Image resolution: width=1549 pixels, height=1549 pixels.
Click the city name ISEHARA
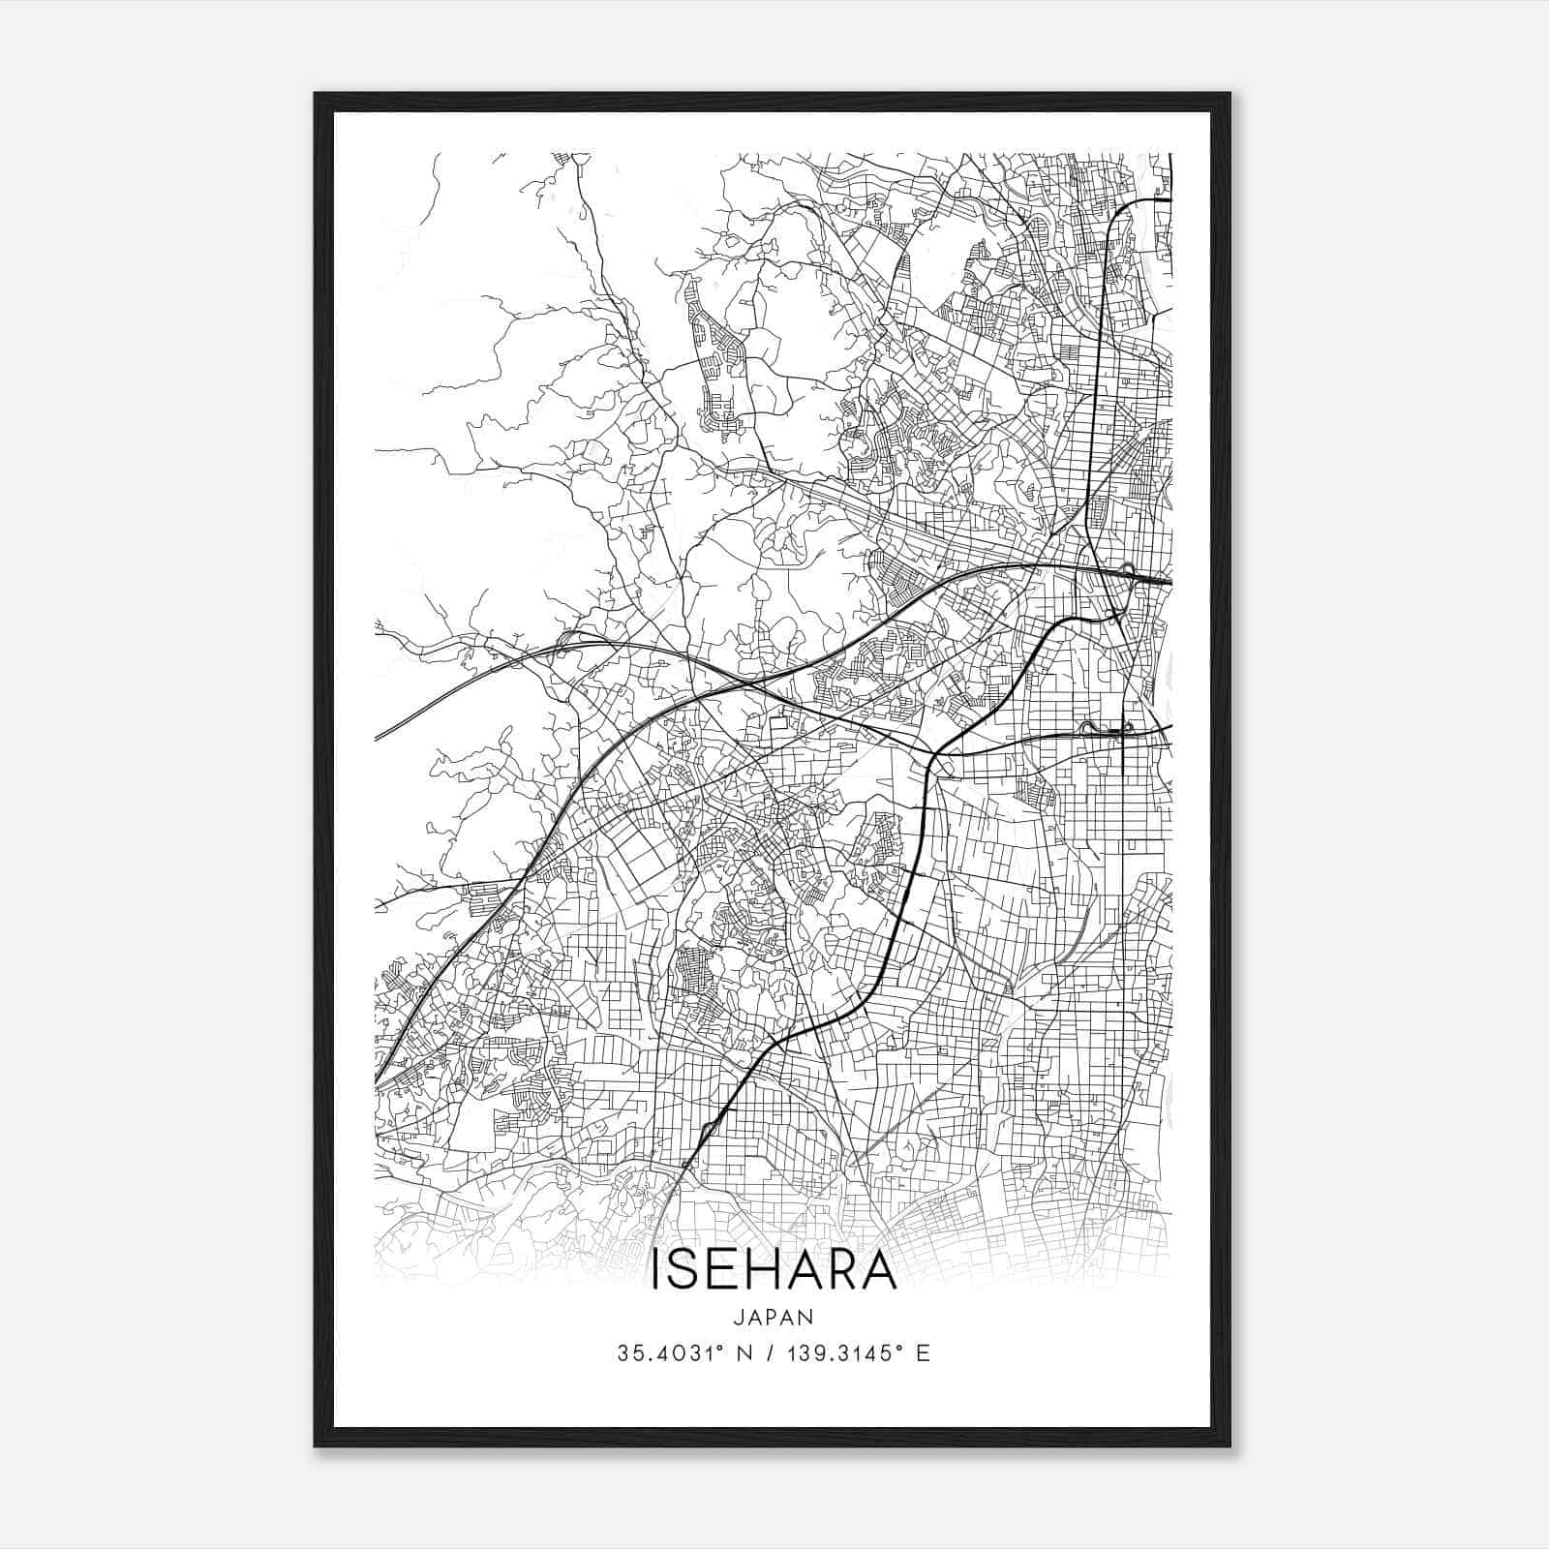774,1270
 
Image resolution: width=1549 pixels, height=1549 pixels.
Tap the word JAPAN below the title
774,1318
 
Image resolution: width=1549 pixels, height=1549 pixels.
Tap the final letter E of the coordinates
923,1353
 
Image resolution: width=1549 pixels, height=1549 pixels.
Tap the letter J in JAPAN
739,1318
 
